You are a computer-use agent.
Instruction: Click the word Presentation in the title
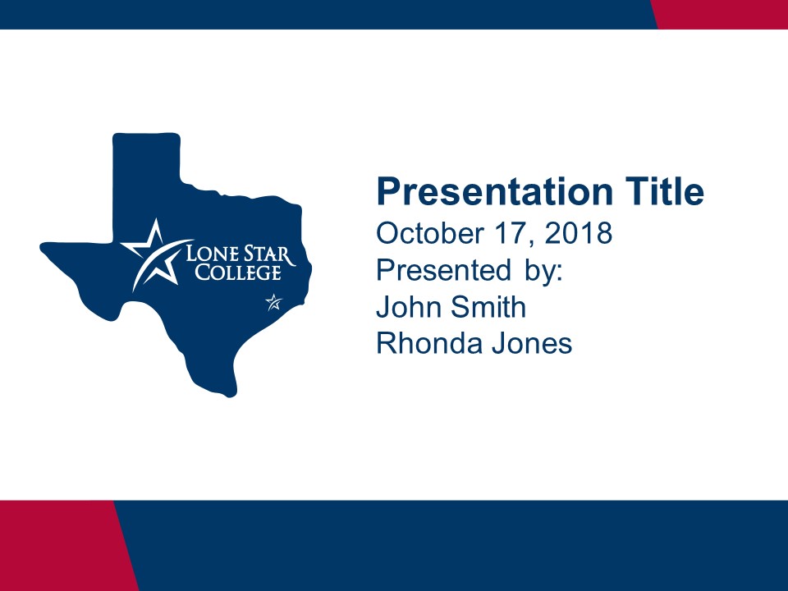[495, 191]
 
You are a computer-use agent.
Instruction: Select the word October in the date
[430, 233]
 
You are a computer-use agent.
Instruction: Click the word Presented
[444, 270]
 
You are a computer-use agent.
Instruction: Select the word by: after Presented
[543, 272]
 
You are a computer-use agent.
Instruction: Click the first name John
[409, 306]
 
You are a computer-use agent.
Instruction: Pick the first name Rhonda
[429, 343]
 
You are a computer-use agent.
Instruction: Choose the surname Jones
[532, 343]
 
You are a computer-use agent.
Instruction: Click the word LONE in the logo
[208, 254]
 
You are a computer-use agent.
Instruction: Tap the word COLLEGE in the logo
[238, 273]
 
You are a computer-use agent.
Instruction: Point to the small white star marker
[274, 302]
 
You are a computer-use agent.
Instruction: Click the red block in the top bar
[719, 15]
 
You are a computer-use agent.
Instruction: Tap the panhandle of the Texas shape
[146, 186]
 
